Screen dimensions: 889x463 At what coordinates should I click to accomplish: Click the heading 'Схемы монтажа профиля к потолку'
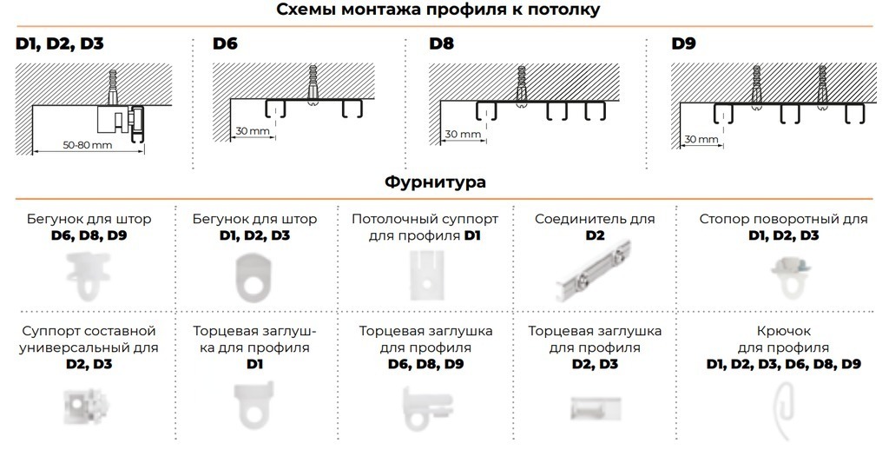point(438,10)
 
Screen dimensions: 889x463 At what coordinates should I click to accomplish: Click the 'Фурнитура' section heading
point(435,182)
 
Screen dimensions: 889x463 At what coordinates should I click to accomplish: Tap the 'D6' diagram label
point(225,43)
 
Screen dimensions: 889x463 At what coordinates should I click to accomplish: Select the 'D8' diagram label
point(441,43)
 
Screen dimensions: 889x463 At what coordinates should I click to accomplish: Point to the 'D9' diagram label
point(683,43)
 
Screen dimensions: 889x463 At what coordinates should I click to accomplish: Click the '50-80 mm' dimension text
point(88,145)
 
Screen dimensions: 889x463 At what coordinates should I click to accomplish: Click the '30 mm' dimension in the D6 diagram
point(253,131)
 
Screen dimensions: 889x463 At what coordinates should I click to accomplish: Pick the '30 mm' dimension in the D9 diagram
point(701,139)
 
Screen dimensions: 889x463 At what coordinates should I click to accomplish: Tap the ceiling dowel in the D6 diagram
point(313,85)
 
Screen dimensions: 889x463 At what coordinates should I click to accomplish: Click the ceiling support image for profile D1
point(427,275)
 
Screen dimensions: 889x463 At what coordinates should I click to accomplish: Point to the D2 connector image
point(594,271)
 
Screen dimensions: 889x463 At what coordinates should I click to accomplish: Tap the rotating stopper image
point(790,276)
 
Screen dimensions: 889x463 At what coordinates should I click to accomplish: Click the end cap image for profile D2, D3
point(596,408)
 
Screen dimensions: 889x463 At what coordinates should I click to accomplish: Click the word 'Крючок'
point(784,331)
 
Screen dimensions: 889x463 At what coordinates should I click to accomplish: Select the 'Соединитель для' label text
point(595,219)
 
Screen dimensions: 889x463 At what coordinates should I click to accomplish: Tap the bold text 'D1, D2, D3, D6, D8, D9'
point(784,364)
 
